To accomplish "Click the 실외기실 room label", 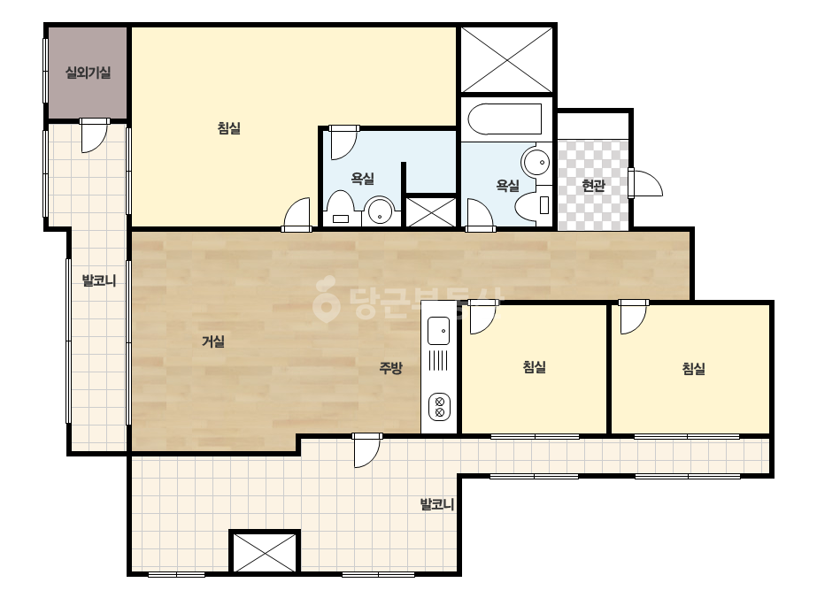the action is pyautogui.click(x=88, y=73).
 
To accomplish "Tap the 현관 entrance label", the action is pyautogui.click(x=593, y=185).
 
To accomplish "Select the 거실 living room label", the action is pyautogui.click(x=213, y=341).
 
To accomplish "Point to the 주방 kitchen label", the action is pyautogui.click(x=390, y=368).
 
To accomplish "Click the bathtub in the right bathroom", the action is pyautogui.click(x=505, y=119).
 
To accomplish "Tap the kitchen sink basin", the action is pyautogui.click(x=438, y=331).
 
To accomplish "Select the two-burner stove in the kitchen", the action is pyautogui.click(x=439, y=407).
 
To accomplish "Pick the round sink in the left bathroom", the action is pyautogui.click(x=380, y=211).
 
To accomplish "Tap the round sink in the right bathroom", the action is pyautogui.click(x=536, y=163).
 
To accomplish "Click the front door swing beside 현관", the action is pyautogui.click(x=645, y=183).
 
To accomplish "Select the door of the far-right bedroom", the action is pyautogui.click(x=633, y=317).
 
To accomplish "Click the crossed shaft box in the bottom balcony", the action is pyautogui.click(x=264, y=552).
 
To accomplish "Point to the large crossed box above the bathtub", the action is pyautogui.click(x=507, y=60).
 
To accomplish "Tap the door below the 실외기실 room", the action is pyautogui.click(x=95, y=135).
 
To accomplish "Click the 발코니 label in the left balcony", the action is pyautogui.click(x=99, y=280).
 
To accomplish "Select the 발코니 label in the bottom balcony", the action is pyautogui.click(x=437, y=504).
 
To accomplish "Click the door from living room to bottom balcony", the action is pyautogui.click(x=366, y=450).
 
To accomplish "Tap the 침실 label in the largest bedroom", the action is pyautogui.click(x=228, y=128).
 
